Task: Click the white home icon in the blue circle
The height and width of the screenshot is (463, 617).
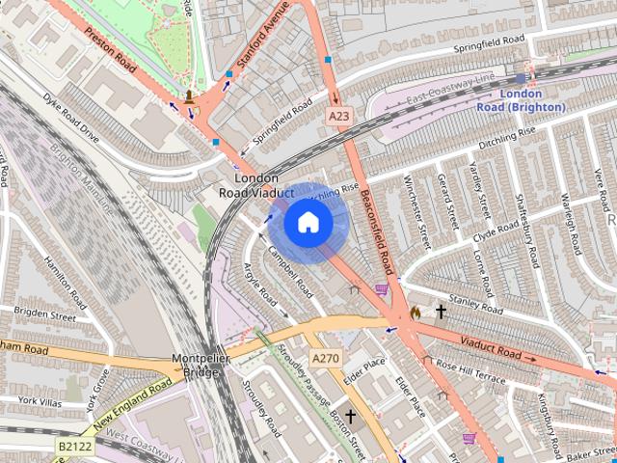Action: [308, 223]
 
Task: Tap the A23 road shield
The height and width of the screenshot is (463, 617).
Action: [336, 117]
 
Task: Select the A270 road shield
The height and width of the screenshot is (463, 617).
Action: [325, 359]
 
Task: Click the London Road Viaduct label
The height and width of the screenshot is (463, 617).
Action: [256, 185]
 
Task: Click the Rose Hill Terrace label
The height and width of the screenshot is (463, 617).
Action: [470, 370]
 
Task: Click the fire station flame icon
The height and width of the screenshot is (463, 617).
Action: [415, 313]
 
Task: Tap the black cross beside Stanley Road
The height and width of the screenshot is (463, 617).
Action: [442, 312]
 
